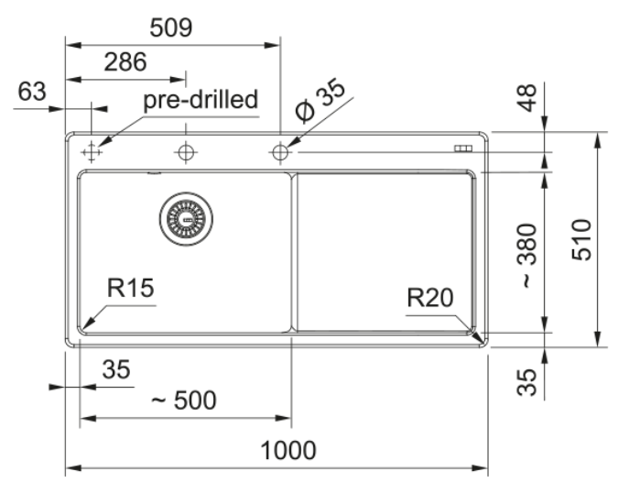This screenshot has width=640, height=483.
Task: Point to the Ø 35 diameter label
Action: coord(320,100)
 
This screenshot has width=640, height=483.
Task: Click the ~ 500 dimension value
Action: coord(183,400)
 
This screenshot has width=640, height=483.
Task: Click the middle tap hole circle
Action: coord(186,152)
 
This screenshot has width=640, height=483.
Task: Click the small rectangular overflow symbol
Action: coord(461,148)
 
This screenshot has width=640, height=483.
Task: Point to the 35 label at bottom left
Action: coord(116,370)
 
